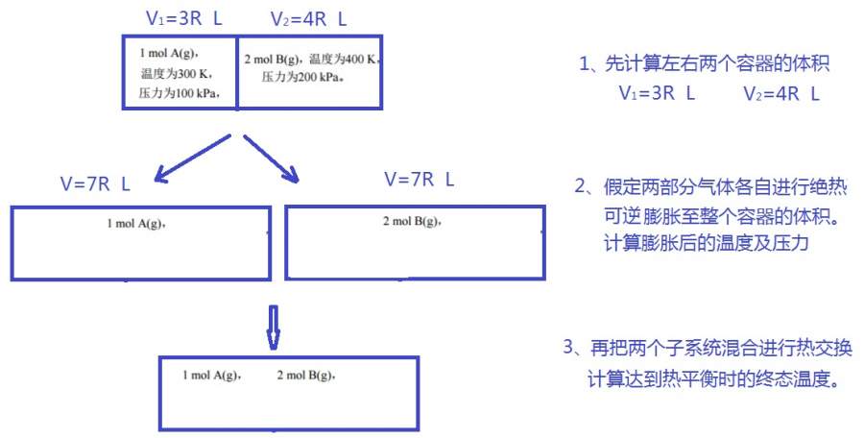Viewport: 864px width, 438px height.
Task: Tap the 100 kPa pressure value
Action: tap(180, 93)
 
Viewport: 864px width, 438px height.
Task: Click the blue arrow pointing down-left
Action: tap(191, 158)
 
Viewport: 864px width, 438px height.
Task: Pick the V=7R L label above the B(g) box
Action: tap(419, 179)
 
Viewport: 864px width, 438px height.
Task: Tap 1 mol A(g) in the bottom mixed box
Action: tap(211, 374)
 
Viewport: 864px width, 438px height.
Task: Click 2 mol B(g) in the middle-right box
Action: tap(412, 223)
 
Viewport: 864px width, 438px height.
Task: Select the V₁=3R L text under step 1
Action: tap(658, 94)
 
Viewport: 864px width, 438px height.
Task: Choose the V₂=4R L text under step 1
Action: tap(781, 94)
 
